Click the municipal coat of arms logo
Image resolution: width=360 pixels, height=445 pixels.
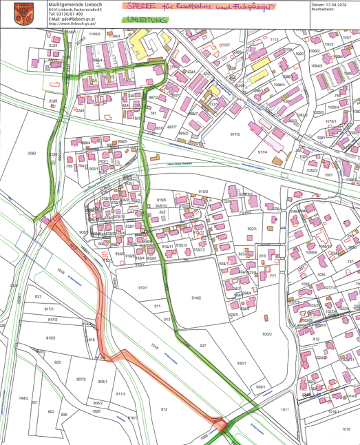[28, 13]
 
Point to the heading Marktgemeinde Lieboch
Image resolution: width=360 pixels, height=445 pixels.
[73, 4]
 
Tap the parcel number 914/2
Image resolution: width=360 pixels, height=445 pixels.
[196, 298]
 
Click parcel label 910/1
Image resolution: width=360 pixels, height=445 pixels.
[143, 287]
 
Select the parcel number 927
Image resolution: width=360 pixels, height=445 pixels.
[203, 345]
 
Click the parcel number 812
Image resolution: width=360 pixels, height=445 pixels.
[164, 409]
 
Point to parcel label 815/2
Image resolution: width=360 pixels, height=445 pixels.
[50, 338]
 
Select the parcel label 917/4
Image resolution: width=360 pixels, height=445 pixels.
[262, 152]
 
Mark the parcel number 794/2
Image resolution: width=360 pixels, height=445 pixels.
[23, 398]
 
